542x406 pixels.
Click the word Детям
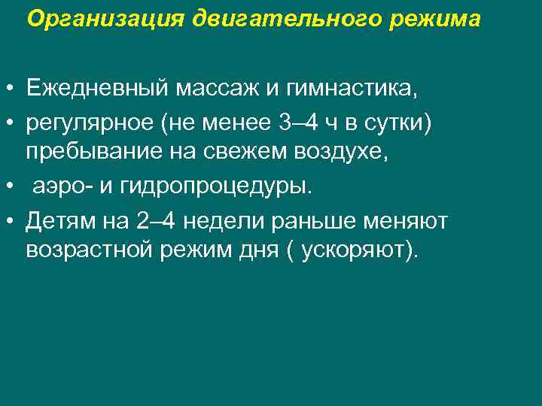(60, 220)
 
